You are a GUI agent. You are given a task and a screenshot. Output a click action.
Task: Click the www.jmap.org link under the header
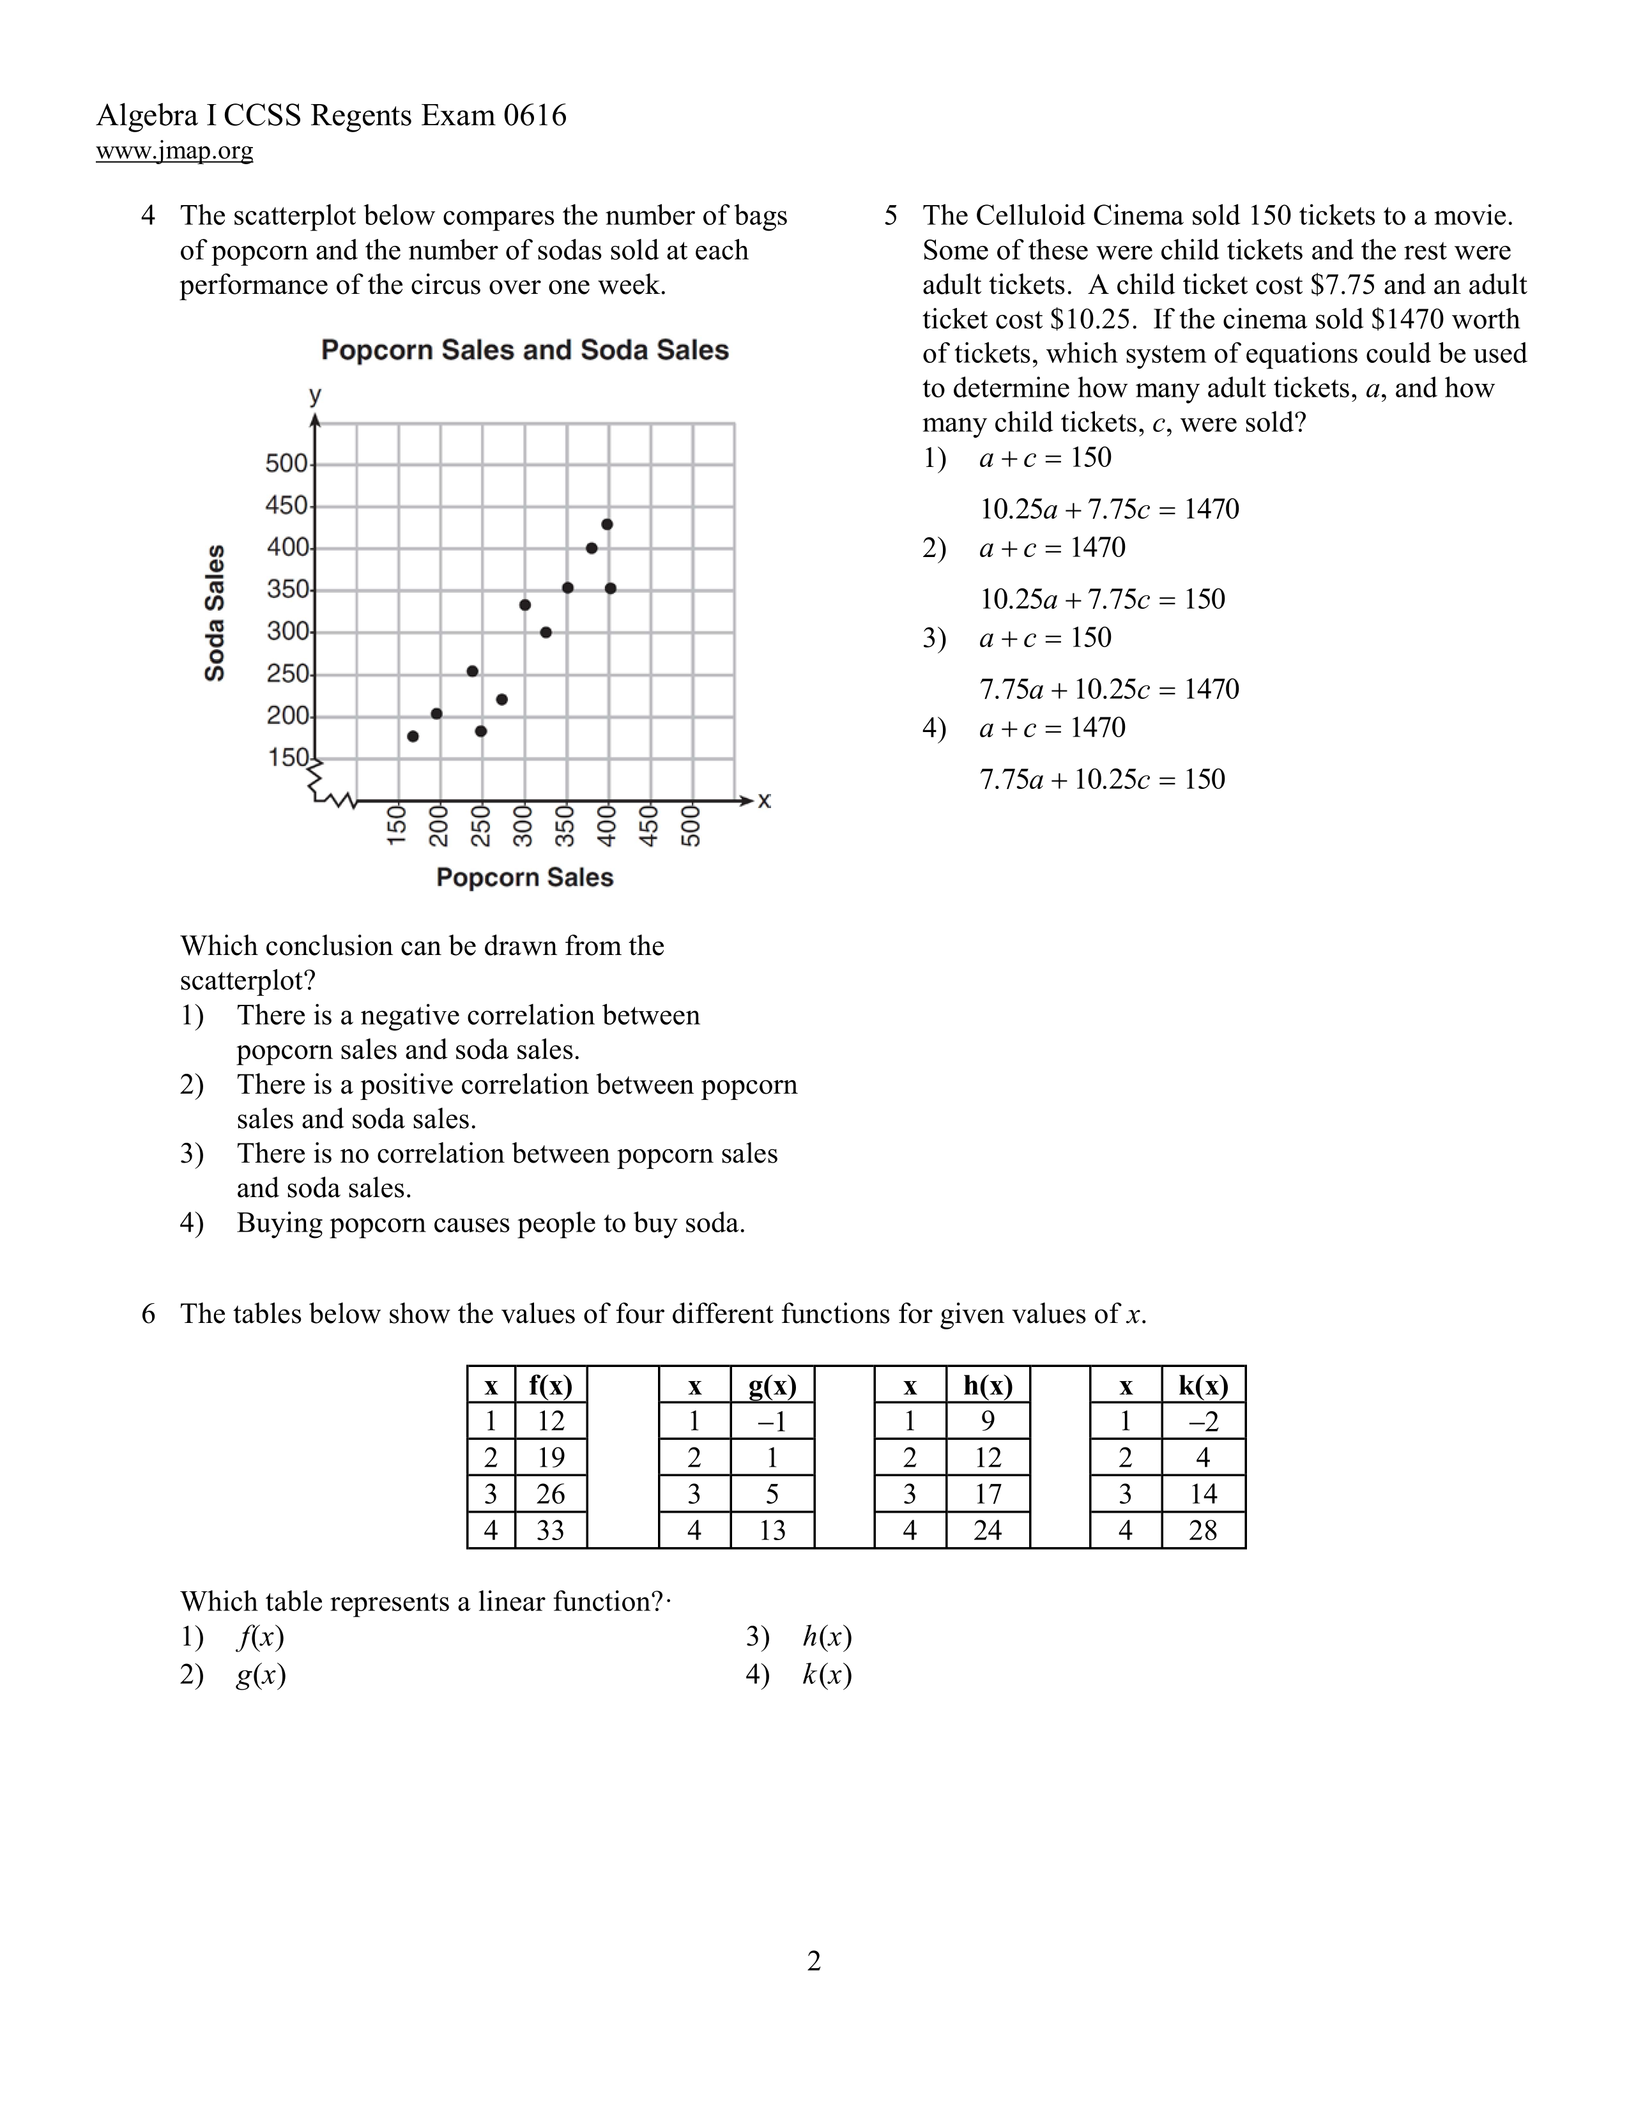click(174, 151)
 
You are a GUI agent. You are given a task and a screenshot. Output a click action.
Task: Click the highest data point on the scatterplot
click(607, 524)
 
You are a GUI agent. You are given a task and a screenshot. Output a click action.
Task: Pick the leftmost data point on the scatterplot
click(413, 737)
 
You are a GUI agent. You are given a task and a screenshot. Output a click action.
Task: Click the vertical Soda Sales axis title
click(214, 613)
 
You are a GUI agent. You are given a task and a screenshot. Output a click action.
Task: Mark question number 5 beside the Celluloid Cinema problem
click(891, 215)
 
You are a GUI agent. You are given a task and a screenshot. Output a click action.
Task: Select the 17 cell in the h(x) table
click(987, 1494)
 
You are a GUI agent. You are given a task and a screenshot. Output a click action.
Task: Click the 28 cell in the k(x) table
click(1202, 1530)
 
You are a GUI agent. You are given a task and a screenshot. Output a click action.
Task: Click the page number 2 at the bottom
click(813, 1961)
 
